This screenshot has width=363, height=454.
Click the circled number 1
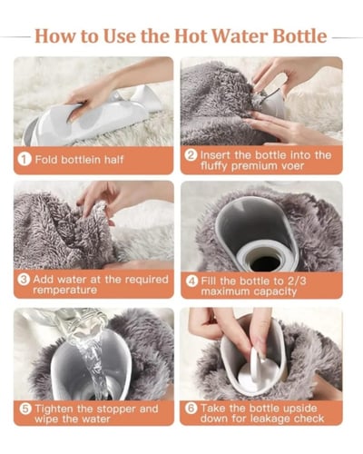[x=25, y=159]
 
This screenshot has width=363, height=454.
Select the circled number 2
[x=191, y=155]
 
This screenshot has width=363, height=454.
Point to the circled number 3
[x=24, y=280]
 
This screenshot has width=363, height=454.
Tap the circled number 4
[x=191, y=281]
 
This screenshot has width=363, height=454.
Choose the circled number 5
[x=25, y=409]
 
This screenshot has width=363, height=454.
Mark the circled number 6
[x=191, y=408]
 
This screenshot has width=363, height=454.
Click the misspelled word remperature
[x=65, y=290]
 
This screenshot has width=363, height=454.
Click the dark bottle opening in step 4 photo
[x=265, y=263]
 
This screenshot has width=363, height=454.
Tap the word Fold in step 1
[x=46, y=160]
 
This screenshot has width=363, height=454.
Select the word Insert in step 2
[x=216, y=155]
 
